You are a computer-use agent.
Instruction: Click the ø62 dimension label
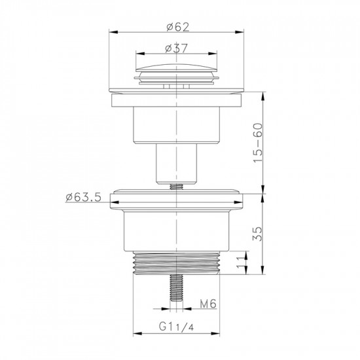178,26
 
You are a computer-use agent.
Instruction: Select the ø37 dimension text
178,47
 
